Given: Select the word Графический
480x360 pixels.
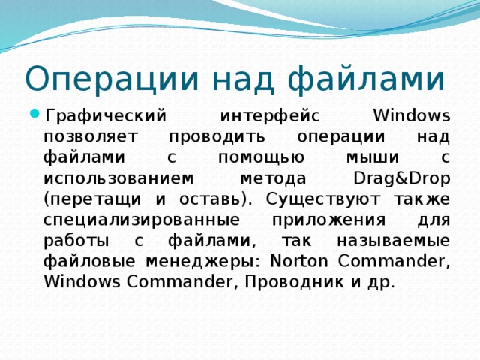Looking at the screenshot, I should click(x=105, y=116).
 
